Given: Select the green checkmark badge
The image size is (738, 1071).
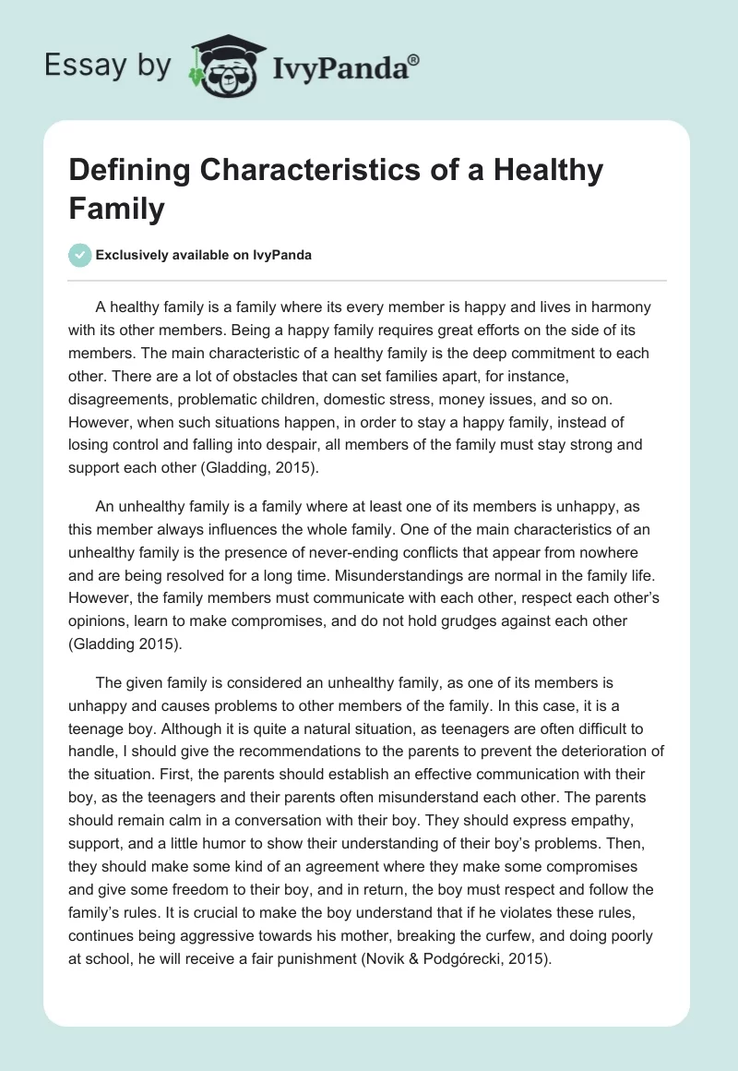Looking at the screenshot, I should pyautogui.click(x=79, y=256).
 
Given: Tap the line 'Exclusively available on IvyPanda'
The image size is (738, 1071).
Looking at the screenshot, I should pyautogui.click(x=203, y=256).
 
